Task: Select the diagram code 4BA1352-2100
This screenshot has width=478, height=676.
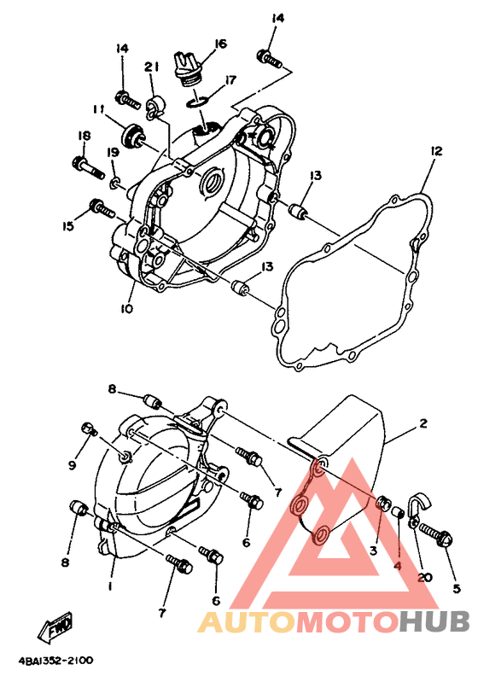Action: pyautogui.click(x=55, y=661)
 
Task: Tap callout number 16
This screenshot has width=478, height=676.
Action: pyautogui.click(x=219, y=44)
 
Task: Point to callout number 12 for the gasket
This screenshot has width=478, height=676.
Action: pyautogui.click(x=436, y=151)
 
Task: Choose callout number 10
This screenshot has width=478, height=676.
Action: pyautogui.click(x=126, y=309)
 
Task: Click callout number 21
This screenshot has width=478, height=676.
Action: pyautogui.click(x=151, y=67)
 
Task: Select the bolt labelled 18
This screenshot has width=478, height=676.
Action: pyautogui.click(x=88, y=169)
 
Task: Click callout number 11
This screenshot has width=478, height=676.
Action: pyautogui.click(x=99, y=110)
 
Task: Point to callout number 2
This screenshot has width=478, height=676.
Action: pyautogui.click(x=423, y=423)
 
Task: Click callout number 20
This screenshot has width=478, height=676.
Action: pyautogui.click(x=425, y=577)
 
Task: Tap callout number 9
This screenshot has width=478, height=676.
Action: pyautogui.click(x=72, y=465)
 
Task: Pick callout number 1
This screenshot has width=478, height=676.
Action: pyautogui.click(x=110, y=586)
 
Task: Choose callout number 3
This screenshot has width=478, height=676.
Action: pyautogui.click(x=373, y=551)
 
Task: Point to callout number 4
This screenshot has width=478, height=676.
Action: pyautogui.click(x=398, y=565)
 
